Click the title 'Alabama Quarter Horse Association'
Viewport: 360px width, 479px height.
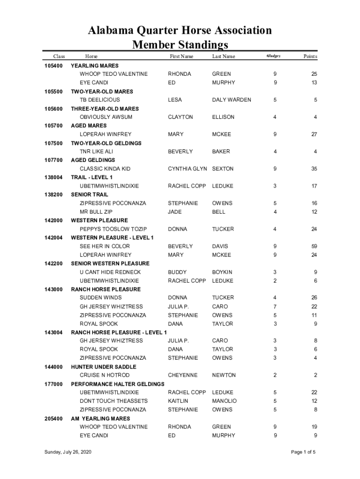coord(180,31)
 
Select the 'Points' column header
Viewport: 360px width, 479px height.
coord(310,57)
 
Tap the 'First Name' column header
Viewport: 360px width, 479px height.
coord(181,57)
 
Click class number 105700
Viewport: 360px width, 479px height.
coord(53,126)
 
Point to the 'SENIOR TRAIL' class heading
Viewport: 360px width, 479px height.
coord(89,195)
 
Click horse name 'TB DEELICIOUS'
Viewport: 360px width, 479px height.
coord(100,100)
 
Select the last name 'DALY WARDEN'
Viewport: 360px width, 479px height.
coord(231,100)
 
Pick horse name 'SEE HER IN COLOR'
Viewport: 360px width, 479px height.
coord(105,247)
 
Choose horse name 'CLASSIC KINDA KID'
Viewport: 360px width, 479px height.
coord(105,169)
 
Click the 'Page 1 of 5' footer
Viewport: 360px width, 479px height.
coord(303,452)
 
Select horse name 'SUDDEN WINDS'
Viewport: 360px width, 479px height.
coord(101,298)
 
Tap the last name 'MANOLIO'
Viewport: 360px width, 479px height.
coord(224,401)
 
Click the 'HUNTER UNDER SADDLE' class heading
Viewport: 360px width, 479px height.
coord(103,367)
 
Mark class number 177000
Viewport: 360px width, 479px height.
coord(53,384)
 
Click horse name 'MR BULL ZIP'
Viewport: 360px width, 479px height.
coord(96,212)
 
